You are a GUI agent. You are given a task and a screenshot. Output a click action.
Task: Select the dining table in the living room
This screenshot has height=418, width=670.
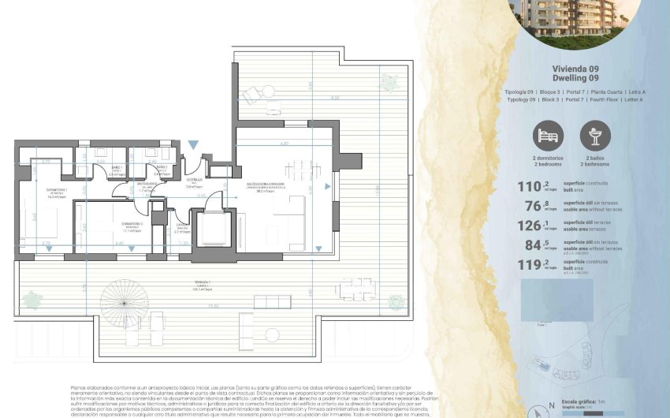tap(297, 168)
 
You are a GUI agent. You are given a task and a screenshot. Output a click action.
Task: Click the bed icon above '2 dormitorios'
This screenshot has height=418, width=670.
tap(548, 136)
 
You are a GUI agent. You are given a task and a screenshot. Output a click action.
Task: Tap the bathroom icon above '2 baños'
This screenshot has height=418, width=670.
tap(595, 136)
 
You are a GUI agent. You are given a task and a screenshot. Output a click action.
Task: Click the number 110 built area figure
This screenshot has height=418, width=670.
tap(526, 187)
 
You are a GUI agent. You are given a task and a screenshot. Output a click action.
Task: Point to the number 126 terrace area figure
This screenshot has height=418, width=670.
tap(526, 226)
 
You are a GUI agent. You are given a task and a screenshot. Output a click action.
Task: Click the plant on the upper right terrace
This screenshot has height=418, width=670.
tap(389, 83)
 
